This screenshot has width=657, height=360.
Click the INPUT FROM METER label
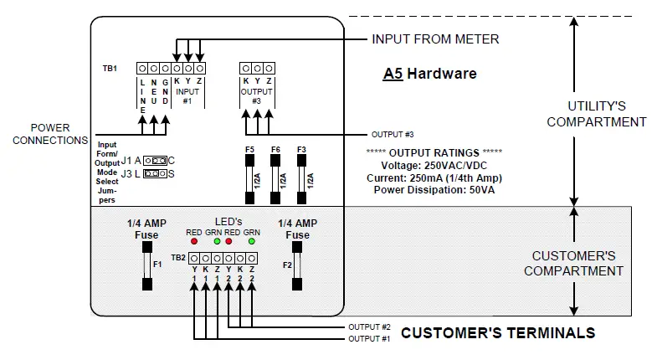coord(435,39)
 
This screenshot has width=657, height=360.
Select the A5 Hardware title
coord(429,74)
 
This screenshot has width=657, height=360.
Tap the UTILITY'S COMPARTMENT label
coord(596,114)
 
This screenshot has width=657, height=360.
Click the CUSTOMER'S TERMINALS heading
coord(498,333)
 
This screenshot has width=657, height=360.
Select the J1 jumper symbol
coord(154,160)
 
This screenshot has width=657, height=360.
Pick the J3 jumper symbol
coord(154,173)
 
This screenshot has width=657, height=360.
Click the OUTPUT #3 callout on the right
coord(393,135)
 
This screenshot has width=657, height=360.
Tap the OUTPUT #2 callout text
coord(368,327)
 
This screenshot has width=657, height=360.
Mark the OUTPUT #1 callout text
coord(368,339)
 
